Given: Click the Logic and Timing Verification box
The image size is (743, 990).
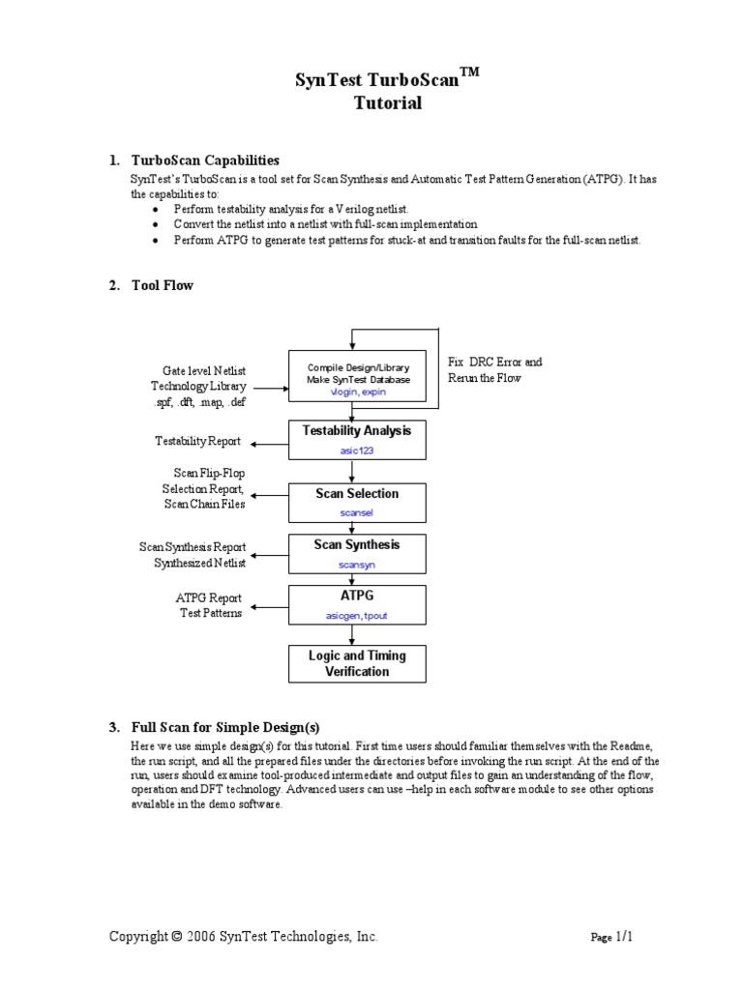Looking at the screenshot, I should [357, 663].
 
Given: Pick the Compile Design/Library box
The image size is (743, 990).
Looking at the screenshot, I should [358, 380].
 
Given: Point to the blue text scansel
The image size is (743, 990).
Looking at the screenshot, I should [356, 513].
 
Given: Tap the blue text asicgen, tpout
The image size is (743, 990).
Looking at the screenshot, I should [356, 615].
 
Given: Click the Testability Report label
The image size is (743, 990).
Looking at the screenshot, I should [197, 442].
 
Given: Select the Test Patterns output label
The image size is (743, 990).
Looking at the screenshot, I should [211, 613].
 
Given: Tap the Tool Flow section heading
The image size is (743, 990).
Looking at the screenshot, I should [162, 285].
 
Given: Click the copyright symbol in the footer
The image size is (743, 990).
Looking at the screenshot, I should [176, 937].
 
